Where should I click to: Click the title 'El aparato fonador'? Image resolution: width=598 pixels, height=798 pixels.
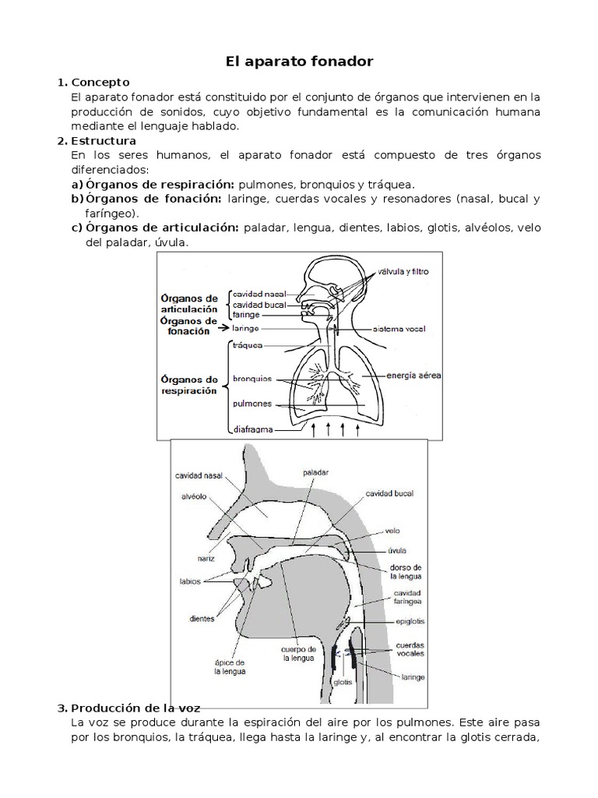(299, 60)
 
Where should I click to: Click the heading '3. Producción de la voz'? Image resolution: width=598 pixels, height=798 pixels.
(135, 708)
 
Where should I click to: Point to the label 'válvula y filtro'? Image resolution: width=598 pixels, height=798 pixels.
(403, 272)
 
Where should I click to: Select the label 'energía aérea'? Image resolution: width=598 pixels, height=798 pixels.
(413, 376)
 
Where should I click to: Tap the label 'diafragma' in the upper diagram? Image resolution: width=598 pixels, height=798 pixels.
(253, 429)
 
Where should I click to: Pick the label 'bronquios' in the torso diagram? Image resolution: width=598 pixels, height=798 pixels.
(252, 380)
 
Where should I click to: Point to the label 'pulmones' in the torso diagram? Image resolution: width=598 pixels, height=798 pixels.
(252, 404)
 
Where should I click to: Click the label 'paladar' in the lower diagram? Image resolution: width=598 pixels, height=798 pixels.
(316, 472)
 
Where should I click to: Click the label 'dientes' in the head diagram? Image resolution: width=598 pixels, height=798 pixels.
(202, 620)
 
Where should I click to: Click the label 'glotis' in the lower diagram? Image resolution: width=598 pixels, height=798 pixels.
(343, 681)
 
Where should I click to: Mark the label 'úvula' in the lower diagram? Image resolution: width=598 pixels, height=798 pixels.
(396, 549)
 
